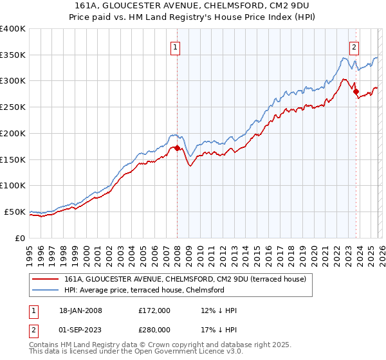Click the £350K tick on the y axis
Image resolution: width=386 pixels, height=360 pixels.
(13, 55)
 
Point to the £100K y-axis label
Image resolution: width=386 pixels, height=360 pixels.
(13, 186)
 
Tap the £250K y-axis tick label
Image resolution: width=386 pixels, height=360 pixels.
(13, 107)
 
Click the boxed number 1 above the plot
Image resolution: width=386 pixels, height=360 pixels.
(176, 46)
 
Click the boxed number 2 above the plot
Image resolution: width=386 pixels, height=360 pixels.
(354, 46)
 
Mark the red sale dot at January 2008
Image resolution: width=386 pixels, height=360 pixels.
(177, 148)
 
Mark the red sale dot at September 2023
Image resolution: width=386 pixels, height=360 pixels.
(356, 91)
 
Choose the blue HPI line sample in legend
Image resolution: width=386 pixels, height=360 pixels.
(46, 290)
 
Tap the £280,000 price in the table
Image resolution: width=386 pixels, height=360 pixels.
(154, 329)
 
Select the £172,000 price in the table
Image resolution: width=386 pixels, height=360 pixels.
(154, 310)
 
